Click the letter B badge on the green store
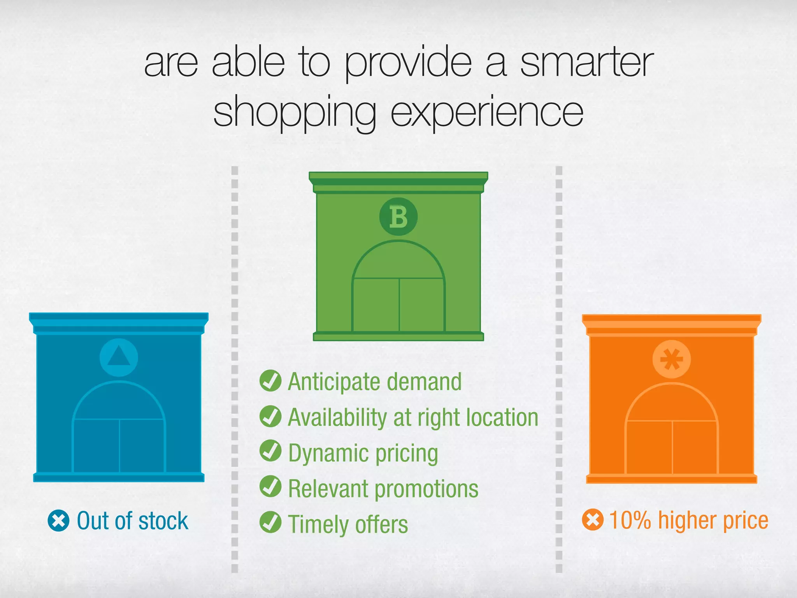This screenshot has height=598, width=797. coord(398,217)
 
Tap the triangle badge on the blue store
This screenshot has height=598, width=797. coord(119,357)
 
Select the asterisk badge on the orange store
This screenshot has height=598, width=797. coord(671,359)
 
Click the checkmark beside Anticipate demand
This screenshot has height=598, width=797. coord(270,381)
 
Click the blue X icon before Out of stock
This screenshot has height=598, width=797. coord(58,521)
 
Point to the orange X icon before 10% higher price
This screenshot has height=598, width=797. coord(593,520)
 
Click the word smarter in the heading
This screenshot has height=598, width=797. coord(586,62)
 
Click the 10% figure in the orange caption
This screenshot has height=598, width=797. coord(630,520)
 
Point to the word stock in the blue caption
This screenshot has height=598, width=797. coord(163,521)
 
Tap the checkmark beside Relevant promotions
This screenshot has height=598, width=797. coord(270,487)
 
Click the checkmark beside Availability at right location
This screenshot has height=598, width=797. coord(270,416)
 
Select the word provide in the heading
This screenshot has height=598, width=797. coord(408,64)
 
